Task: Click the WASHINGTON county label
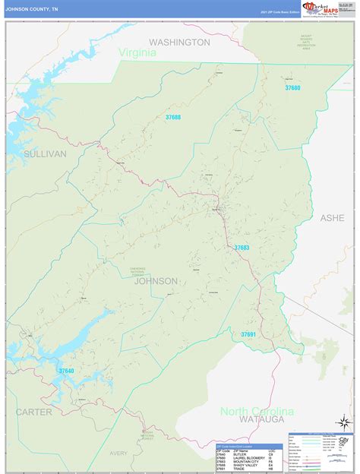coord(179,43)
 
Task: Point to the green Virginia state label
coord(137,53)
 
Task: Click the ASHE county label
coord(332,217)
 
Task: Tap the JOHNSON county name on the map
coord(156,281)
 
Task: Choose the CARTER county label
coord(33,412)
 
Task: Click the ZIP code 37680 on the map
coord(292,89)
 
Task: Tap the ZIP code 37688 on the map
coord(173,117)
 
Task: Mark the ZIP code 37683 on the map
coord(242,248)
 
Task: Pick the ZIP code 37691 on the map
coord(249,334)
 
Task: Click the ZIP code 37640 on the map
coord(67,371)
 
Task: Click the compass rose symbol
coord(345,422)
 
